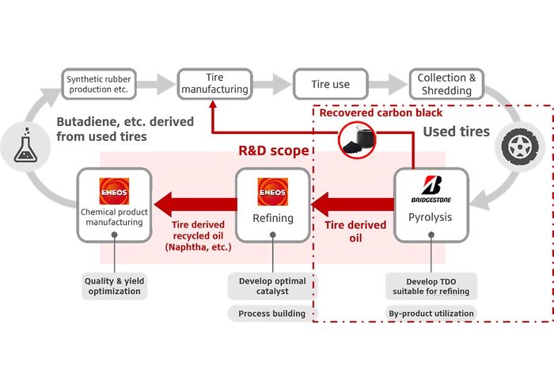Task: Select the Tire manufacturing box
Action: pos(214,84)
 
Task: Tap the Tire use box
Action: pos(328,84)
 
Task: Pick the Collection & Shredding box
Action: pos(447,84)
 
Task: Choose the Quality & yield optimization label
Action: pos(114,285)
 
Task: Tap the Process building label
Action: pos(271,314)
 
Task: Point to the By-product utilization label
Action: pos(431,314)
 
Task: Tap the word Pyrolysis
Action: pos(431,216)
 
